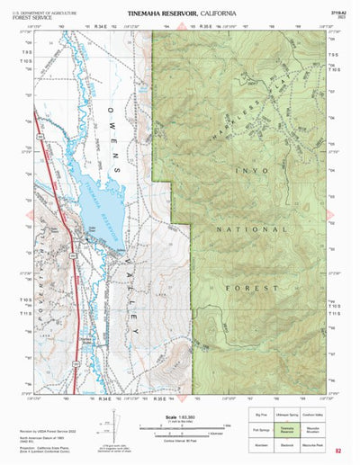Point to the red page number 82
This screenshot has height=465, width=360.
point(337,451)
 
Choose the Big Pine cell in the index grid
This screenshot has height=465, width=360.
point(260,416)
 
